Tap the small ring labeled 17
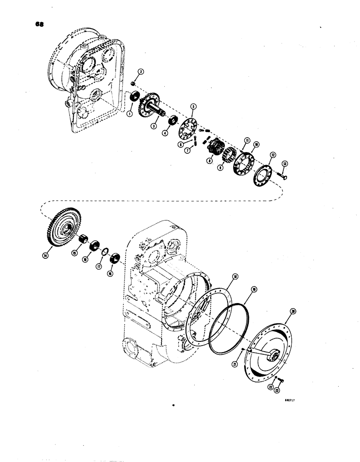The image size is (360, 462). [105, 251]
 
